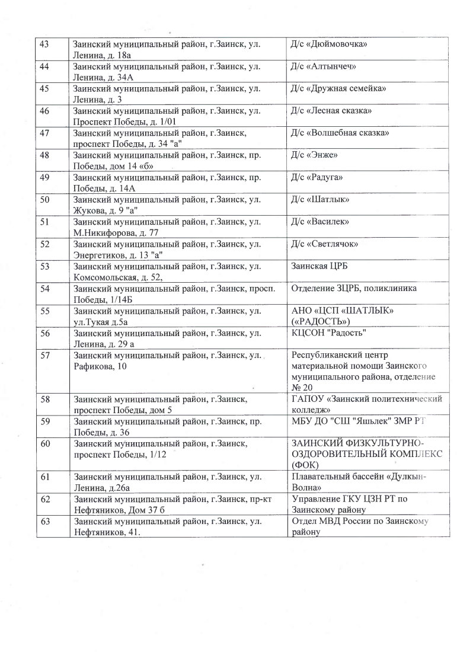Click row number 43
(43, 45)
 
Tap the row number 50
(43, 199)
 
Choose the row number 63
(43, 521)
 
